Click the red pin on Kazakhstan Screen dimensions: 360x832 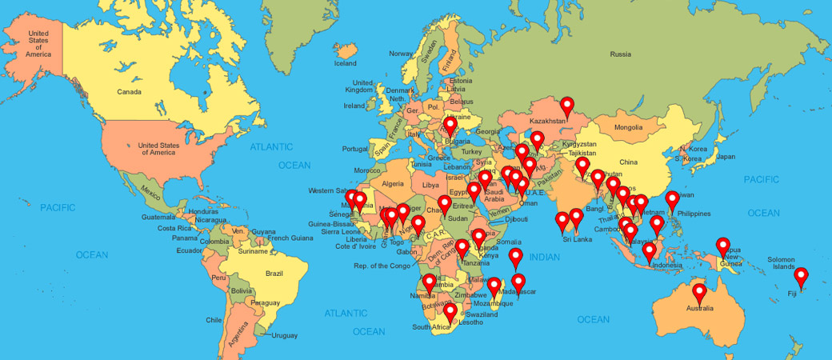point(567,105)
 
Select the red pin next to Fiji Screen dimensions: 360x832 point(802,277)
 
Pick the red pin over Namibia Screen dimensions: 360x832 point(430,282)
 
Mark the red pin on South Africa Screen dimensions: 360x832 point(450,312)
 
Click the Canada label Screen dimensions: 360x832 point(129,92)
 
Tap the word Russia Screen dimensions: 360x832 point(620,54)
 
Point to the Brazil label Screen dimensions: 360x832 point(274,274)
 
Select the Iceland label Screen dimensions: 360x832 point(345,63)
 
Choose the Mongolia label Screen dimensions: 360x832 point(628,127)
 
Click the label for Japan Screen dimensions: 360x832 point(725,157)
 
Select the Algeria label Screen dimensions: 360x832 point(393,183)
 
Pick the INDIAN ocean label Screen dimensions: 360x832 point(544,257)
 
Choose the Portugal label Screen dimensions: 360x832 point(354,149)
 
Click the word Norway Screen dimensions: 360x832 point(401,54)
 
